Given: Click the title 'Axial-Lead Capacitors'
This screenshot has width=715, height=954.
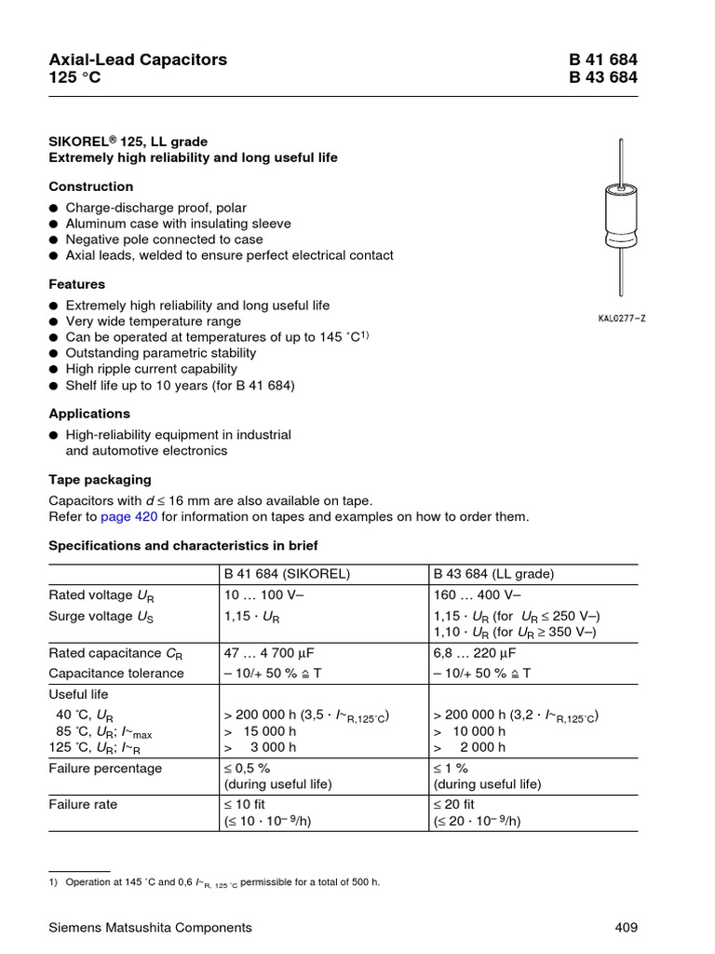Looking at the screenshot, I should coord(138,60).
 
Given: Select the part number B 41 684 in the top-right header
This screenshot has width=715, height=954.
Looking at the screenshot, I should coord(603,60).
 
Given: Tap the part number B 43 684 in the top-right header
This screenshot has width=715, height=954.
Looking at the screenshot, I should coord(603,77).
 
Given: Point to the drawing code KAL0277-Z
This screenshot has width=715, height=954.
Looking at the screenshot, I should coord(621,319).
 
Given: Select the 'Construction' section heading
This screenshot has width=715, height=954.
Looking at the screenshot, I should coord(90,186).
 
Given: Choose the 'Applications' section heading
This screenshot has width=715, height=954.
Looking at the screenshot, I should coord(89,413).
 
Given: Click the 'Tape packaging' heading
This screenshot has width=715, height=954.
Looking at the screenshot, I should coord(100,479).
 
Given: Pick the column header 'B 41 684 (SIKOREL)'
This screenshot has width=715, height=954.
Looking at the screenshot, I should coord(287,574).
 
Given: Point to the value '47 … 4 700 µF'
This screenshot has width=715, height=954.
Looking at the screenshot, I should coord(270,653).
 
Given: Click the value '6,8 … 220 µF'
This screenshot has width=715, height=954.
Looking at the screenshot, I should coord(474,653).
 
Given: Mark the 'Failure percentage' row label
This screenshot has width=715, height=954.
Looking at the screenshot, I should coord(105,768).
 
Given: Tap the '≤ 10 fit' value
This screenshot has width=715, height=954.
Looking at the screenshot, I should coord(247,804).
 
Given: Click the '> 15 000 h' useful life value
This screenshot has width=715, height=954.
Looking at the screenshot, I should coord(261,731).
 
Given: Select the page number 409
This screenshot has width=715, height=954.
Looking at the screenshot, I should coord(626,927).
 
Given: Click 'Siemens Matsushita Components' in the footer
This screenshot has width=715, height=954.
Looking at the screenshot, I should coord(150,927).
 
